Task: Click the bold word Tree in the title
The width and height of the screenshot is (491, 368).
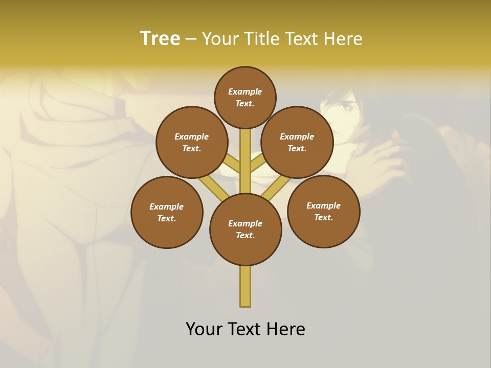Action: coord(160,39)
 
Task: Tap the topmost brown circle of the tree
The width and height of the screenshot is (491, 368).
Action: coord(245,97)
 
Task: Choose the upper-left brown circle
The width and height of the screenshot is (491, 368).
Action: coord(192,142)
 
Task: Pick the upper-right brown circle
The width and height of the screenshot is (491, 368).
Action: coord(297,142)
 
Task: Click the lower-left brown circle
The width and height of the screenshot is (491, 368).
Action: coord(167,212)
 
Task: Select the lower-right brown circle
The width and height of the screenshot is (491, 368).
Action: coord(323,211)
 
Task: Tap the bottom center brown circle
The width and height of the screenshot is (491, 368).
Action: coord(245,229)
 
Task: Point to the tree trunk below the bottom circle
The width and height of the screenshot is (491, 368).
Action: coord(245,286)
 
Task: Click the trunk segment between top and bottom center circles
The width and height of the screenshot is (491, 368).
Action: coord(245,161)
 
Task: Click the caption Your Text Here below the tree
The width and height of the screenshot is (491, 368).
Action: coord(245,329)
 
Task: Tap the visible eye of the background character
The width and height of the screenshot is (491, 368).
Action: coord(347,108)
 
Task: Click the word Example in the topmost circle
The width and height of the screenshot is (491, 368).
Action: coord(245,91)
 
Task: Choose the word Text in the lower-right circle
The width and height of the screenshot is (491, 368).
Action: coord(323,217)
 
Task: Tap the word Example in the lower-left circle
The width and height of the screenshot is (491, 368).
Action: coord(167,206)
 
